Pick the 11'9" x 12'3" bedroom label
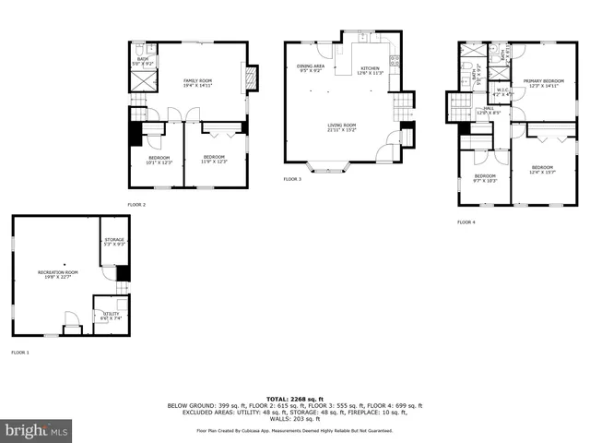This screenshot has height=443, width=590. point(214,159)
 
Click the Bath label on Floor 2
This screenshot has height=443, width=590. point(143,61)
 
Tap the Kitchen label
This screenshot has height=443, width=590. point(371,70)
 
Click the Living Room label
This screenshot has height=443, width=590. point(343,127)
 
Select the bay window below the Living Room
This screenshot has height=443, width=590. point(328,169)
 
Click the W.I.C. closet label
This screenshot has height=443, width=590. point(503,92)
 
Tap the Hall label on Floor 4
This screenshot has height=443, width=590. point(490,111)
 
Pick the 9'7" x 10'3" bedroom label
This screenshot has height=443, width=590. point(485,177)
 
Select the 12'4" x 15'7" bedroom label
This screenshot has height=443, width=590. point(542,170)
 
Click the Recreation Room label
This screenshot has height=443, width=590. point(57,274)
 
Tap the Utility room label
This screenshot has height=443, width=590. point(110,316)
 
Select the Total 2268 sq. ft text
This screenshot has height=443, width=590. point(294,398)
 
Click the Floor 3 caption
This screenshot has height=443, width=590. point(291,178)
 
